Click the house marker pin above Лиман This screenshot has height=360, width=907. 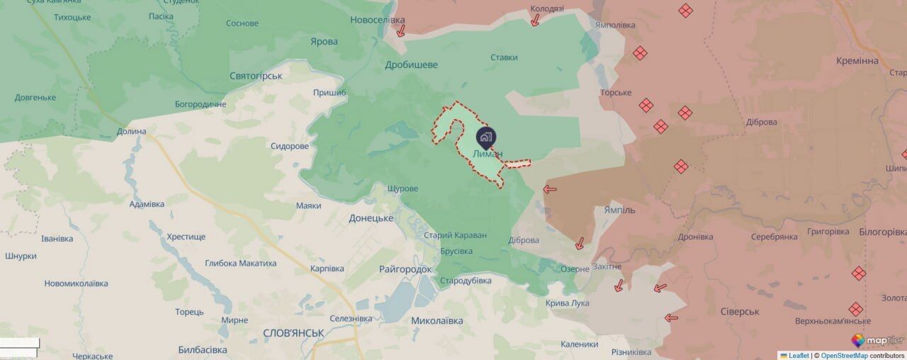pos(486,137)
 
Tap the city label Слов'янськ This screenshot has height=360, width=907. pos(293,332)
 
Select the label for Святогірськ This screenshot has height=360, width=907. pos(257,76)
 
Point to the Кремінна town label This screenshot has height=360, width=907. pos(857,61)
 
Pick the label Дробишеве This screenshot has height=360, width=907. pos(411,65)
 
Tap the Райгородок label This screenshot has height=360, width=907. pos(405,269)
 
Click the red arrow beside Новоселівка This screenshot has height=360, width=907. pos(400,30)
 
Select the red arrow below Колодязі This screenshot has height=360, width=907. pos(536,21)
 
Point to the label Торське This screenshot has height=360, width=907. pos(616,93)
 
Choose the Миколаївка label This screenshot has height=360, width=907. pos(437,321)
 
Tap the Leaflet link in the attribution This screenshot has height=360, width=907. pos(794,356)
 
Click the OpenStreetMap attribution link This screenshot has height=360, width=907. pos(844,356)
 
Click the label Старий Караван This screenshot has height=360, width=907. pos(456,235)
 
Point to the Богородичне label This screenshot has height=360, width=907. pos(201,105)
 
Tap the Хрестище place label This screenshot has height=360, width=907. pos(186,237)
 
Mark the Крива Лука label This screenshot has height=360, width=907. pos(567,303)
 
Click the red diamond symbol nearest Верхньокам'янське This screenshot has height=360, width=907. pos(856,309)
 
